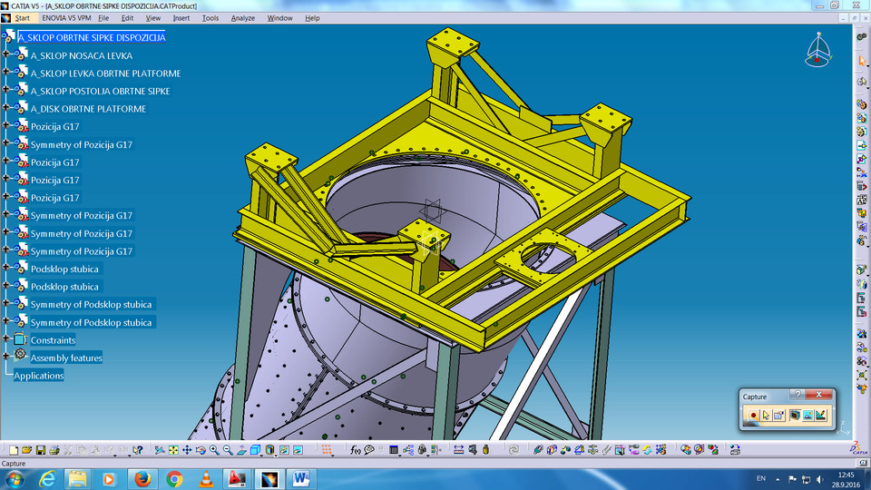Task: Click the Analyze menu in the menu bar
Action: [x=243, y=18]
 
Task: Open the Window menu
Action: [x=280, y=18]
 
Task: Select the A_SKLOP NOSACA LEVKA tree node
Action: [x=81, y=55]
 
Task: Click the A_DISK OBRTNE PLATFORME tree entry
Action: [x=88, y=109]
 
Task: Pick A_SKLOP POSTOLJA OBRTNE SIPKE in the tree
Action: [x=100, y=91]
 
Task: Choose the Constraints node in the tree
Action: [x=53, y=340]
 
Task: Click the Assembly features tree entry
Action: [x=66, y=358]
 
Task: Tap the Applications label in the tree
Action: [x=39, y=376]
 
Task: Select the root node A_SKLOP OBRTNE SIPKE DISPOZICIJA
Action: [x=92, y=38]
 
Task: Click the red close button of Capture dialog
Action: [x=823, y=396]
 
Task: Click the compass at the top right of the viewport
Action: [x=817, y=51]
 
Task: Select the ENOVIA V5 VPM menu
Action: [x=67, y=18]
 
